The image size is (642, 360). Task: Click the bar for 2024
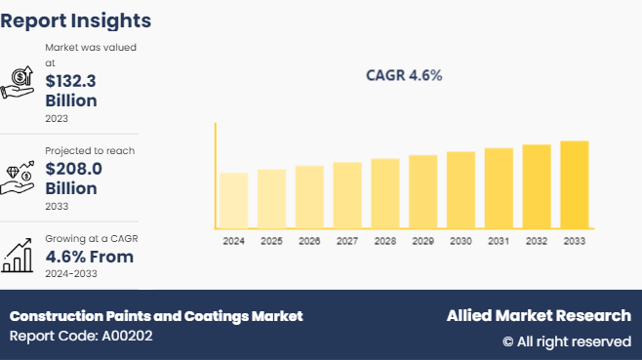click(x=233, y=200)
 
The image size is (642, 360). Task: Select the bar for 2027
click(x=347, y=195)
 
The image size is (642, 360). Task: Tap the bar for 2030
click(x=461, y=189)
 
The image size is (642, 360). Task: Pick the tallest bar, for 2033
click(x=575, y=184)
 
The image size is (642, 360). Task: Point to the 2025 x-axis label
click(x=271, y=240)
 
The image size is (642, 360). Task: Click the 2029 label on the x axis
click(x=422, y=240)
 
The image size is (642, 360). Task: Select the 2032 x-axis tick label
click(x=537, y=240)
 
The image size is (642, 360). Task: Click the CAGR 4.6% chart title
click(x=404, y=75)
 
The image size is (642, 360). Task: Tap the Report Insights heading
click(x=76, y=20)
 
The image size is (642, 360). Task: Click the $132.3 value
click(x=72, y=82)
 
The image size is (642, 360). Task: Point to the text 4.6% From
click(x=90, y=257)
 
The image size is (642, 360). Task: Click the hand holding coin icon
click(x=19, y=82)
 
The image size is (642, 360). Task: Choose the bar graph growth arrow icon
click(x=19, y=257)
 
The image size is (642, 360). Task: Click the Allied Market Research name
click(x=539, y=315)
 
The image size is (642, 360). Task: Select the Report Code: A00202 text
click(x=81, y=336)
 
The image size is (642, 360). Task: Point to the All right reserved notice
click(x=566, y=340)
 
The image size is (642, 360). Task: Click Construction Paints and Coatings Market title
click(x=156, y=315)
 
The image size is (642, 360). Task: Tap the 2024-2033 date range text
click(x=71, y=274)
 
